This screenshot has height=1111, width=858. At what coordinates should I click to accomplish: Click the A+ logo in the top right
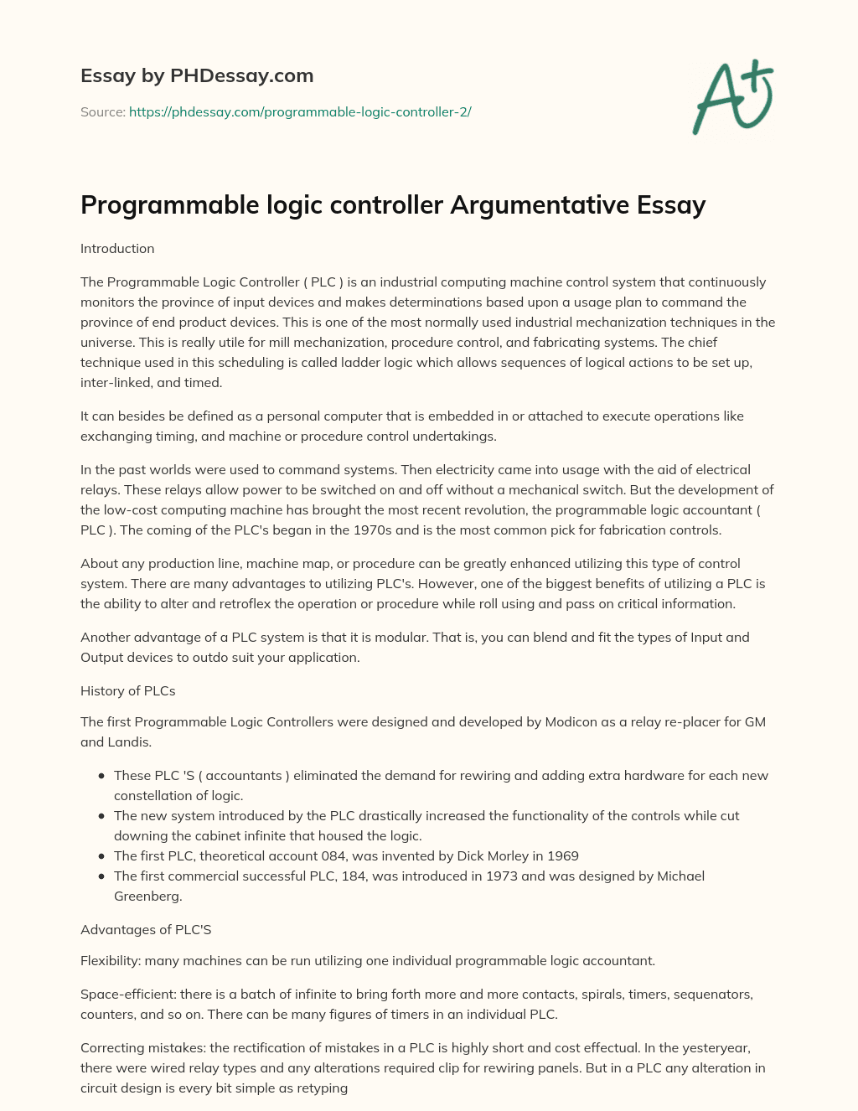(x=733, y=96)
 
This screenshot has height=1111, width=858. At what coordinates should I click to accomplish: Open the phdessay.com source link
(x=300, y=111)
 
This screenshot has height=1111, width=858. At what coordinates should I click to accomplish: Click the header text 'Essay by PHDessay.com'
(x=197, y=75)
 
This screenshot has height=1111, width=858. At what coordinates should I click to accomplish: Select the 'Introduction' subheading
(x=117, y=249)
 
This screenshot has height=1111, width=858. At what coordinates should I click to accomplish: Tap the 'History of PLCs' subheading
(x=127, y=691)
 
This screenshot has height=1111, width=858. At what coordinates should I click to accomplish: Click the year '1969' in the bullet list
(x=562, y=856)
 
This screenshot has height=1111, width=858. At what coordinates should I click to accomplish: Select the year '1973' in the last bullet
(x=503, y=876)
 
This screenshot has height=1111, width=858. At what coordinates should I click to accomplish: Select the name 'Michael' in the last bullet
(x=680, y=876)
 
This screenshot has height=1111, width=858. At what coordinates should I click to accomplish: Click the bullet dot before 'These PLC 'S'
(x=101, y=776)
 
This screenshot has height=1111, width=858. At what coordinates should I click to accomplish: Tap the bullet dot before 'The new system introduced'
(x=101, y=816)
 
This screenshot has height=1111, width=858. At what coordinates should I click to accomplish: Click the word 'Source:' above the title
(x=102, y=111)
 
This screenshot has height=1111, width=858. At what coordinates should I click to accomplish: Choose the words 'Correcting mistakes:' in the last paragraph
(x=142, y=1048)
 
